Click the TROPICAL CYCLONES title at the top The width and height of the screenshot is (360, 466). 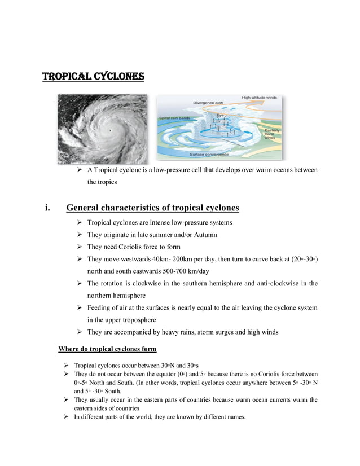click(93, 76)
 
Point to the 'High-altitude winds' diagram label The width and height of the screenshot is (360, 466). click(260, 98)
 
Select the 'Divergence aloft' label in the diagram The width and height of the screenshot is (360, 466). click(209, 103)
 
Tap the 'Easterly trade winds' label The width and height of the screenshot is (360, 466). click(271, 134)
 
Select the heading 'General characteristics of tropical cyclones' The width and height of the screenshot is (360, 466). click(152, 208)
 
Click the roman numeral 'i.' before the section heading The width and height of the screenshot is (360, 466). click(48, 208)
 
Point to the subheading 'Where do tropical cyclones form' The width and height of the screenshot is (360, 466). click(107, 349)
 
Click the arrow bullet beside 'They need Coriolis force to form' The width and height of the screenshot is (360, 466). click(80, 247)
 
